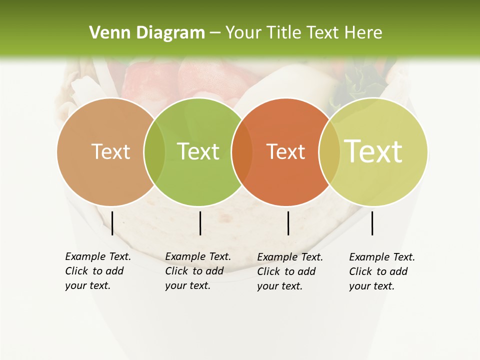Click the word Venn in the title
coord(103,33)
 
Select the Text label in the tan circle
coord(110,151)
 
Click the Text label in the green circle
coord(198,151)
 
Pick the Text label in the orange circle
coord(285,151)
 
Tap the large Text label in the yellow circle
coord(373,151)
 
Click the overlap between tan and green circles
coord(154,152)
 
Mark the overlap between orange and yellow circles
coord(329,152)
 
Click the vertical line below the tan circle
coord(112,223)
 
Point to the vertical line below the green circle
coord(200,223)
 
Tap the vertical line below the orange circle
coord(288,223)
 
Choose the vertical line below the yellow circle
coord(372,223)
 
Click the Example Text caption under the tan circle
coord(97,271)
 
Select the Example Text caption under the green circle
coord(197,271)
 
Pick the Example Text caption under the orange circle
coord(289,271)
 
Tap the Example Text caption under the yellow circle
coord(381,271)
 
